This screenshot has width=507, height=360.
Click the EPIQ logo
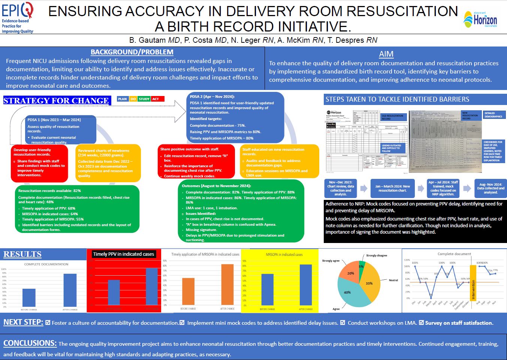(18, 17)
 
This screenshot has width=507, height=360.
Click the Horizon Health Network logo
(480, 19)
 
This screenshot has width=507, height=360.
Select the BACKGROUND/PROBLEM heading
(132, 52)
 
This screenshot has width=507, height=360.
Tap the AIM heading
(386, 54)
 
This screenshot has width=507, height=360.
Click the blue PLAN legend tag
(122, 99)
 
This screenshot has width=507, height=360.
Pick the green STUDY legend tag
(144, 99)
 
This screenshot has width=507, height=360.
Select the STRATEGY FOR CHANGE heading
(56, 100)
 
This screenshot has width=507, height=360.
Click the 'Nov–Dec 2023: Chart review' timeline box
(340, 188)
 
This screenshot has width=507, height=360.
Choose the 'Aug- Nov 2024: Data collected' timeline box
(491, 188)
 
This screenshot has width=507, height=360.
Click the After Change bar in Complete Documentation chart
(70, 290)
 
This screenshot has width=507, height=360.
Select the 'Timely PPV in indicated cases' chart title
(124, 254)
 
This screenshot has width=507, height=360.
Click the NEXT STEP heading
(23, 322)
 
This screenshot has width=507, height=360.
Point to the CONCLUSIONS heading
(30, 343)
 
